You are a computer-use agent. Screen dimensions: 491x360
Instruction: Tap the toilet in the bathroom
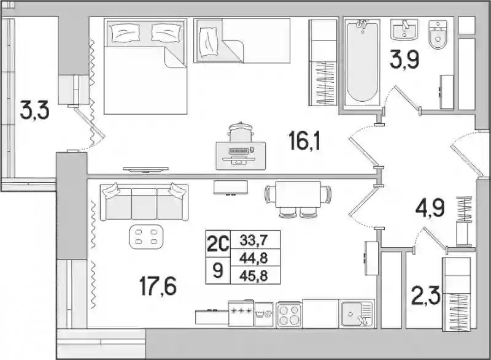(438, 34)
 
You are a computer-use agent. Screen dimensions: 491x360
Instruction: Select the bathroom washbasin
(404, 29)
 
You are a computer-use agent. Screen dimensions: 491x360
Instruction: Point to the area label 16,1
(304, 140)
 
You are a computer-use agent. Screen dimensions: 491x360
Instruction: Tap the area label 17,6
(158, 286)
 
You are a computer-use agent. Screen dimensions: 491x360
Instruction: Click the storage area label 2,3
(426, 296)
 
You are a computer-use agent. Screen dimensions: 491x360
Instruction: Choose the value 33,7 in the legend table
(253, 240)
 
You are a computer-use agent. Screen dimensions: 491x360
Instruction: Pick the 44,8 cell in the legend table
(253, 258)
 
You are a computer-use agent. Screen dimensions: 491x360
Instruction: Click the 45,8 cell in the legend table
(253, 276)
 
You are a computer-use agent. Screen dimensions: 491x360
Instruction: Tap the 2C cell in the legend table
(218, 244)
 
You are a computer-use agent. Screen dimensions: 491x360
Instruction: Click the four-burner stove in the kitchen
(289, 315)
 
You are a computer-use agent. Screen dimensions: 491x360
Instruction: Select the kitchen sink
(357, 313)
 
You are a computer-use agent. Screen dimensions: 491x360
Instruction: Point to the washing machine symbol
(264, 315)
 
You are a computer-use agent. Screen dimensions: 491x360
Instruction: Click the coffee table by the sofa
(146, 237)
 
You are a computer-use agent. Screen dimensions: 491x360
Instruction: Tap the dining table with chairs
(298, 198)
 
